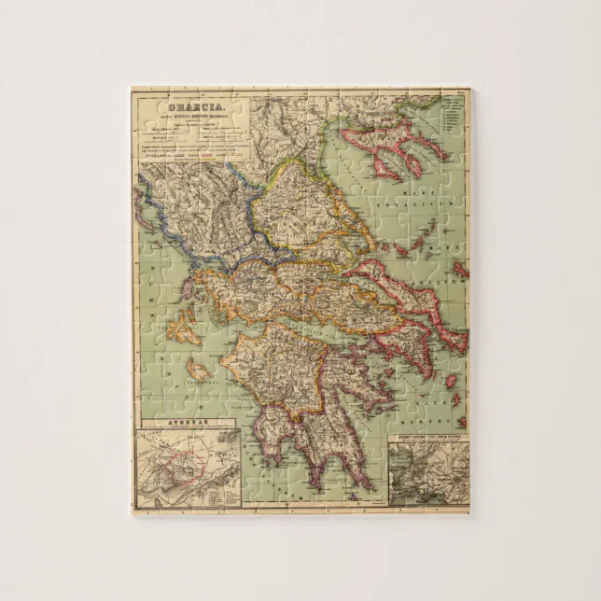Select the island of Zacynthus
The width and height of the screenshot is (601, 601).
pyautogui.click(x=198, y=372)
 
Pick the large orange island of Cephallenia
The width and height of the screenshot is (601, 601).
pyautogui.click(x=182, y=329)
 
